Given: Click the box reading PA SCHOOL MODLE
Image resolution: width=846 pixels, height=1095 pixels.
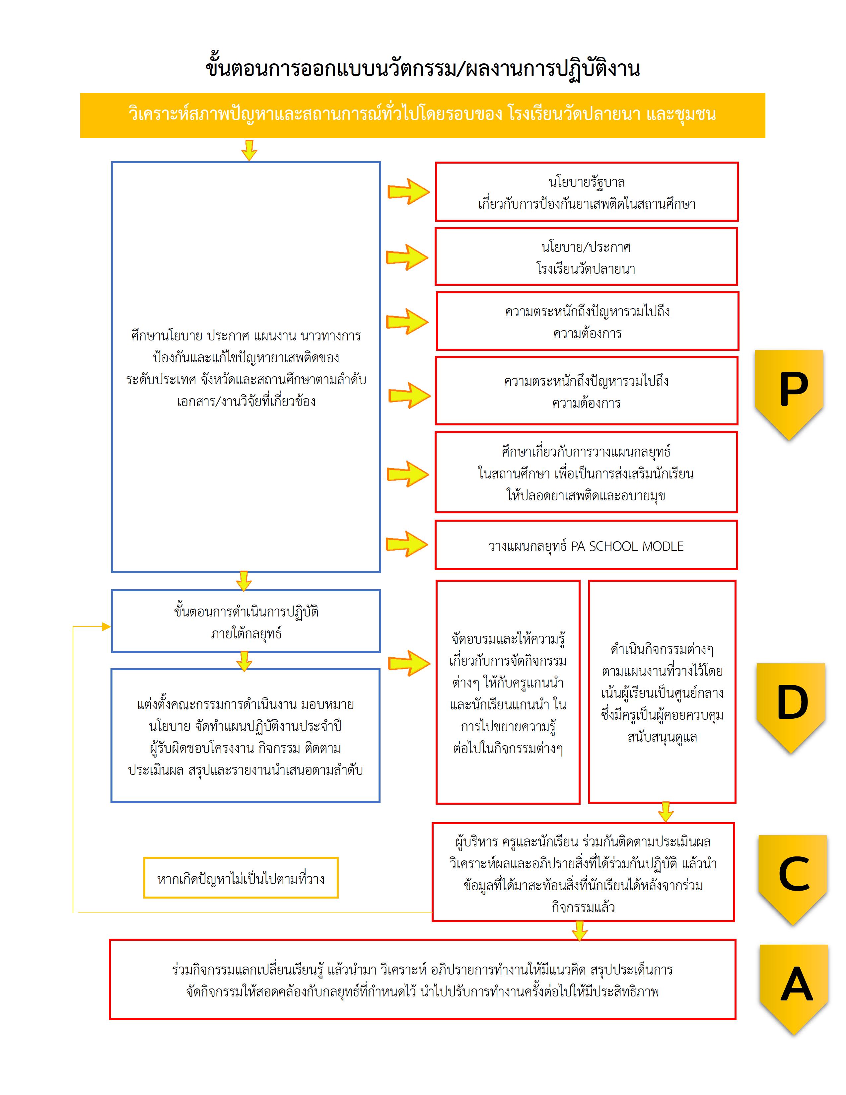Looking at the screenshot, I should click(x=586, y=546).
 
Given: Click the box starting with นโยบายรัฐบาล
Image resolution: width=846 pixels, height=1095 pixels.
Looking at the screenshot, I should click(x=586, y=192).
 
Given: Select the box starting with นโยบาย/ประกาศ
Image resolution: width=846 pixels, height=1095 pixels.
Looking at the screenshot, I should click(x=586, y=257).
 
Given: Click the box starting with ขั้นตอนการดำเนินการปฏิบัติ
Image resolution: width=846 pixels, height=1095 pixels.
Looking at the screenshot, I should click(x=246, y=622).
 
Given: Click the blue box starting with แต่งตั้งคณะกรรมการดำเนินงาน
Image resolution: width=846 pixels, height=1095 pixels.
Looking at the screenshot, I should click(x=246, y=737).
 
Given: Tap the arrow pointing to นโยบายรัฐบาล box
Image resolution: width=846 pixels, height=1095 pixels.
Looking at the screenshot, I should click(x=408, y=191).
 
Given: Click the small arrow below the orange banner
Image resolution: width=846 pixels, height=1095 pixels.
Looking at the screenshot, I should click(x=249, y=150).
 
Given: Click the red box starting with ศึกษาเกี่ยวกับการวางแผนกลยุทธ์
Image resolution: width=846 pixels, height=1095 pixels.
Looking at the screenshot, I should click(x=586, y=473).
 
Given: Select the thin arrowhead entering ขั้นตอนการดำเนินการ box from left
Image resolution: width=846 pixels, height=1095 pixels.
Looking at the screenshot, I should click(x=106, y=626).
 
